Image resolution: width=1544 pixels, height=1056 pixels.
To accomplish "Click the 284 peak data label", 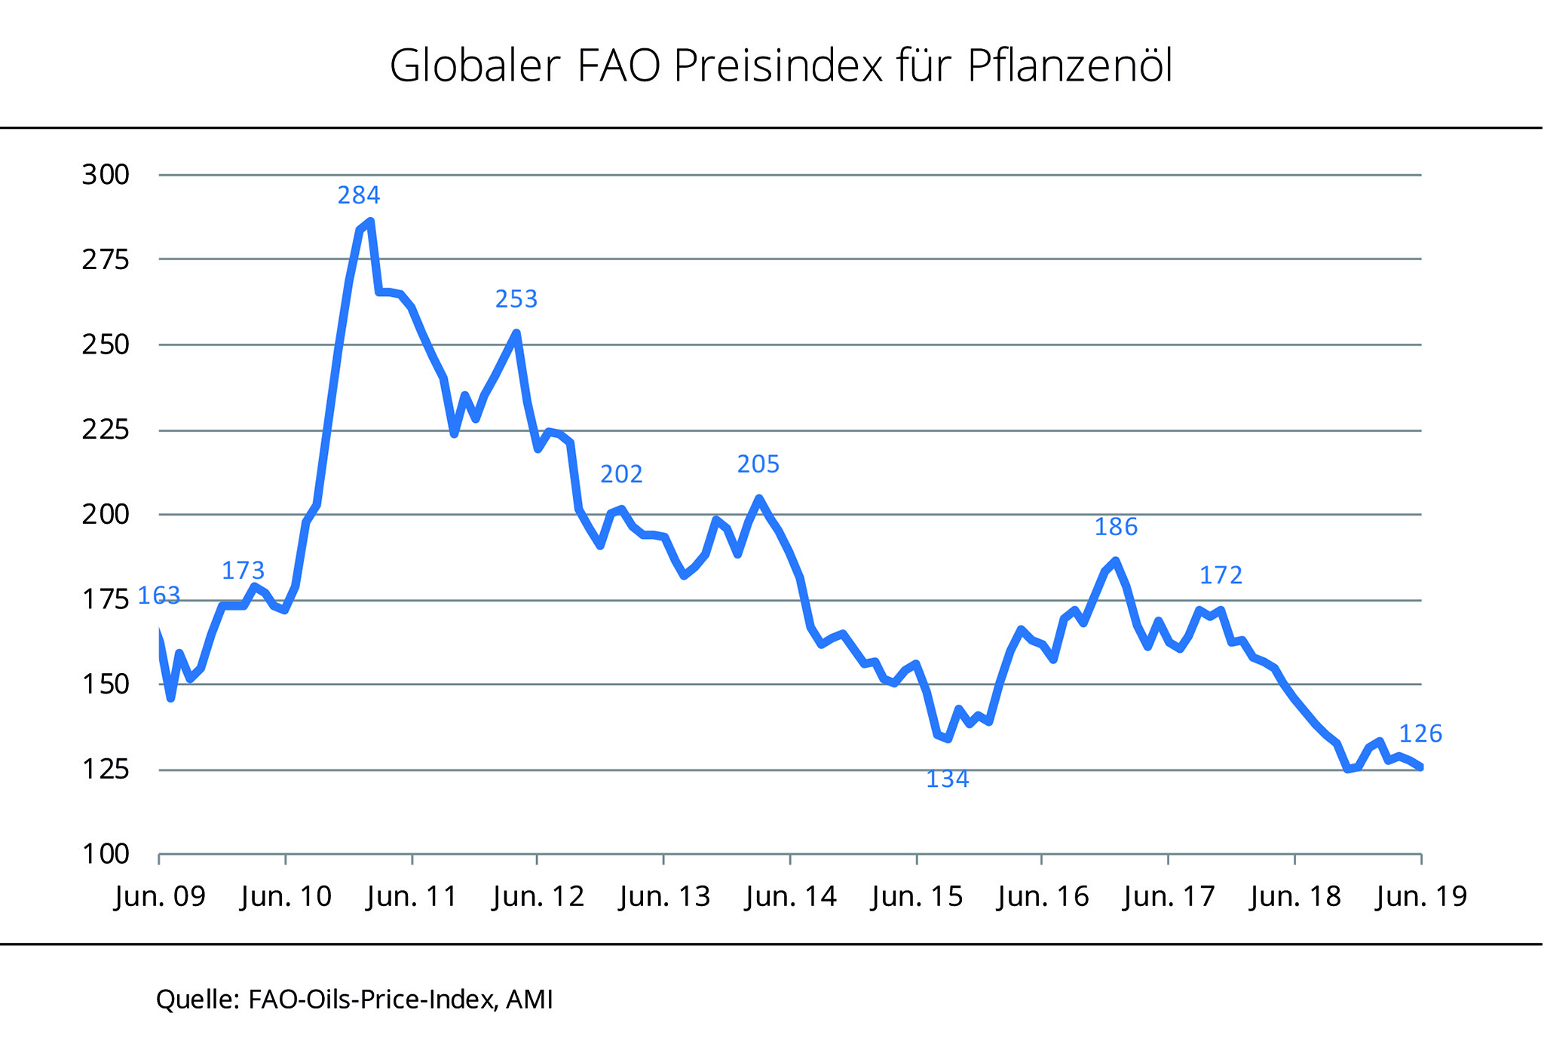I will (x=359, y=196).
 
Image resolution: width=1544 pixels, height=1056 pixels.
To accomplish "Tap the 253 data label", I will (x=516, y=300).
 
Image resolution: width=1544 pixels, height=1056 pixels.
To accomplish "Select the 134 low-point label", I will (x=948, y=779).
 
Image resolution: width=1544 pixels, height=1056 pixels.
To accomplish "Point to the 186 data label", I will (x=1116, y=527).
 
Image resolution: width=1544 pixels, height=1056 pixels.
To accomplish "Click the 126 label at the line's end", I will (x=1420, y=734).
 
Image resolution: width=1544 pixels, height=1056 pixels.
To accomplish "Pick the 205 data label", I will (x=758, y=464).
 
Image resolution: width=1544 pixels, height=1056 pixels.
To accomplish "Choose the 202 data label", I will (x=621, y=474).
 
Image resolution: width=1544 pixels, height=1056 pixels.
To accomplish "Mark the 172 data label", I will (x=1221, y=576).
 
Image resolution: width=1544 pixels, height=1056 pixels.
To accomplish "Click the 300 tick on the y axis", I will (x=106, y=175).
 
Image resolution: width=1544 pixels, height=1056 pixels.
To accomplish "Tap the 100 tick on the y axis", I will (x=106, y=855).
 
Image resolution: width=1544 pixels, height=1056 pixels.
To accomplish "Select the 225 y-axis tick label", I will (x=106, y=430).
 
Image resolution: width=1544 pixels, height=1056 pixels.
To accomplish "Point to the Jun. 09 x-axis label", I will (x=160, y=897).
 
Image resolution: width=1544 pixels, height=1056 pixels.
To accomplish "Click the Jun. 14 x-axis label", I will (x=790, y=897).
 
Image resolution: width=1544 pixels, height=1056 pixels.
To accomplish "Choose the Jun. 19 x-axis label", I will (x=1421, y=897).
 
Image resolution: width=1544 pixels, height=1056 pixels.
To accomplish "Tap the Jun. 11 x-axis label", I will (x=412, y=897).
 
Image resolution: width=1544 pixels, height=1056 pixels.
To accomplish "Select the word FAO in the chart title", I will (x=619, y=66).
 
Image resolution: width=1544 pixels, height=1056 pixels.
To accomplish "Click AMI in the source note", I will (x=529, y=999).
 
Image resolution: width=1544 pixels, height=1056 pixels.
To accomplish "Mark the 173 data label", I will (x=244, y=571).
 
